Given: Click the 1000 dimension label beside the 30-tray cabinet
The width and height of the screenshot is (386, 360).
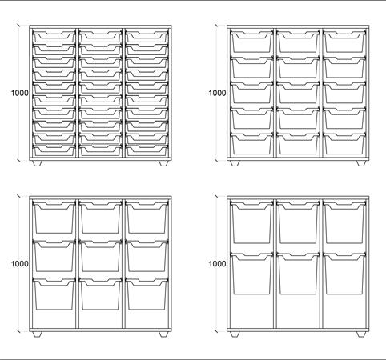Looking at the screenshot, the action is [x=19, y=93].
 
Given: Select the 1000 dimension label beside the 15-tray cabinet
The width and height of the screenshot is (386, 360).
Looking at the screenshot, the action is [x=217, y=93].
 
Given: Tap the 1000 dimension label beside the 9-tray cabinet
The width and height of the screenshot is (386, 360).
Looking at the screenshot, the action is [x=19, y=264].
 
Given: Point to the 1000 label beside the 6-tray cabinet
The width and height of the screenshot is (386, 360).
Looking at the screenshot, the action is [x=217, y=264].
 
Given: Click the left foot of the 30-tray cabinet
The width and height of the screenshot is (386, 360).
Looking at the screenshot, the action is [x=37, y=163].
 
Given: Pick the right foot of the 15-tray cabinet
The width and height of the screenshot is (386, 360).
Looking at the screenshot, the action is [x=361, y=163].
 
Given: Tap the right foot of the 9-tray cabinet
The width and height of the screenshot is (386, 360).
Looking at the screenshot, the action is [x=163, y=334].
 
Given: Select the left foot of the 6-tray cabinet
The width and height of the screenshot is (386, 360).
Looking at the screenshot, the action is [x=235, y=334].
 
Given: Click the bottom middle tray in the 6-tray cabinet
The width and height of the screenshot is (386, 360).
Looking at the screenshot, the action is [x=298, y=274].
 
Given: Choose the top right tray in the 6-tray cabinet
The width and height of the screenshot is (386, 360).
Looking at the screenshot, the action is [x=344, y=222].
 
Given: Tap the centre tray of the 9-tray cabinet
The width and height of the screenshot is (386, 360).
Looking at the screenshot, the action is [x=100, y=256].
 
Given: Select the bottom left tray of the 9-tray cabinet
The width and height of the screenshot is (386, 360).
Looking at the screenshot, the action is [x=54, y=294].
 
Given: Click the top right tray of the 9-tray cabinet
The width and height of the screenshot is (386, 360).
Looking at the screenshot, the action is [x=147, y=218].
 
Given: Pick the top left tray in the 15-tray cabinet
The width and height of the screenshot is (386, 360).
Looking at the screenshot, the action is [x=251, y=42].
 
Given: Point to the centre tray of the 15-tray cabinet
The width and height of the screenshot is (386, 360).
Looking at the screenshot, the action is [x=298, y=93].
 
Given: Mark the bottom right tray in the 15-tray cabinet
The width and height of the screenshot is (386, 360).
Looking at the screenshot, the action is [x=344, y=144].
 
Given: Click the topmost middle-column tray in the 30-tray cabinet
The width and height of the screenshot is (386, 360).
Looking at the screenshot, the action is [x=100, y=37].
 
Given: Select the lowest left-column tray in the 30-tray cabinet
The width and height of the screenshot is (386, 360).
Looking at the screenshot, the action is [x=54, y=150].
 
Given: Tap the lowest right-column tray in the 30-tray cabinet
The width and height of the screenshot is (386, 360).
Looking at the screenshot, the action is [x=147, y=150].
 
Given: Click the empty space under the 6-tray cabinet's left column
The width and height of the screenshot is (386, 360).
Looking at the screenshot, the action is [x=251, y=311].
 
